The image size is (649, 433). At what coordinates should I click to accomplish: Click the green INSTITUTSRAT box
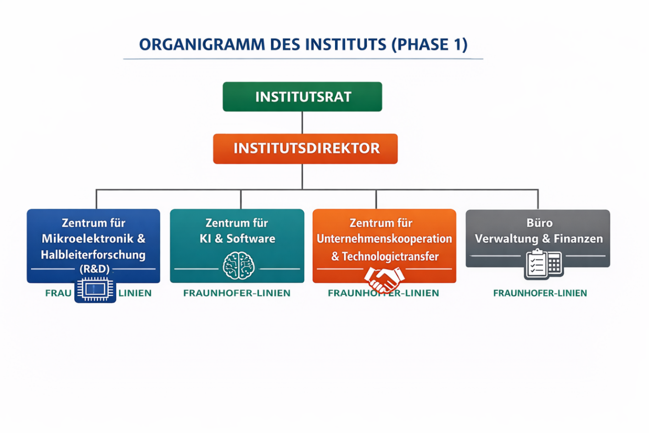click(x=302, y=97)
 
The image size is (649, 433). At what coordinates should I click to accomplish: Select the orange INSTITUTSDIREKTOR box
click(x=305, y=149)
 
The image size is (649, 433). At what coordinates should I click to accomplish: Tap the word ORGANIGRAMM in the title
click(x=202, y=45)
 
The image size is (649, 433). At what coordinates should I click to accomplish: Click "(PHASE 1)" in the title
click(x=430, y=45)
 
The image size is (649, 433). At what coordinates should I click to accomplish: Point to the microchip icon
click(x=95, y=290)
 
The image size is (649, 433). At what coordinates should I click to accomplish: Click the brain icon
click(x=239, y=265)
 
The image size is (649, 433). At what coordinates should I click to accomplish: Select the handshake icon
click(x=384, y=279)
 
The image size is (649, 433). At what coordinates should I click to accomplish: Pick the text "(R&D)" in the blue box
click(x=95, y=269)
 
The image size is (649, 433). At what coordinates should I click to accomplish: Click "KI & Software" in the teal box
click(x=237, y=239)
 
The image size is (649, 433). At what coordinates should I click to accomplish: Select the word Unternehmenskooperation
click(x=384, y=239)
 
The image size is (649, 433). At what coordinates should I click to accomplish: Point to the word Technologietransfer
click(x=390, y=257)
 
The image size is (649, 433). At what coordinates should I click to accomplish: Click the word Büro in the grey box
click(x=539, y=223)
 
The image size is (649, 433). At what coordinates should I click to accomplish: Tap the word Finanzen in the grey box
click(x=578, y=239)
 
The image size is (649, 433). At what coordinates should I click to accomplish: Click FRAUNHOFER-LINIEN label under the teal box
click(x=237, y=293)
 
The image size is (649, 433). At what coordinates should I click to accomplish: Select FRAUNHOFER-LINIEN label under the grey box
click(x=540, y=293)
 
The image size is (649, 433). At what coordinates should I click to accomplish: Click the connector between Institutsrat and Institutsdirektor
click(x=302, y=123)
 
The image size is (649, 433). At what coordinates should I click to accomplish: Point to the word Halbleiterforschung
click(x=93, y=255)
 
